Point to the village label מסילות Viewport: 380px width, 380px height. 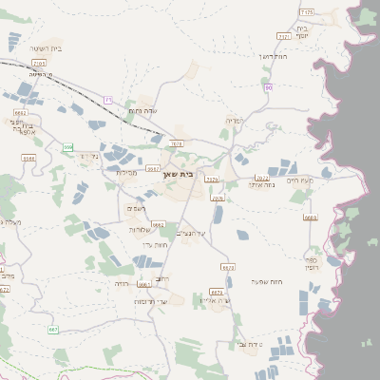[x=127, y=173]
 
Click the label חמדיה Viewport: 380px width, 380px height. [x=236, y=121]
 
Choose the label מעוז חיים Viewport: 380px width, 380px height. [x=298, y=180]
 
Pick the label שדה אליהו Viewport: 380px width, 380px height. [x=216, y=300]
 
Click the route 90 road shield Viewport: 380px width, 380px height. [x=269, y=87]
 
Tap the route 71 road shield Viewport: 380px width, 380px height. [x=108, y=99]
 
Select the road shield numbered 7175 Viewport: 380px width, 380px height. [x=306, y=10]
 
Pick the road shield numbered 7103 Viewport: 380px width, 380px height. [x=39, y=63]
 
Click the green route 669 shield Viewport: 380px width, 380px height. [x=67, y=147]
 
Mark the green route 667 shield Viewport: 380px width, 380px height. [x=53, y=329]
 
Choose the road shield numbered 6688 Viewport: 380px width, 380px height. [x=28, y=159]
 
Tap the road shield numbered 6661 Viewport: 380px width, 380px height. [x=144, y=283]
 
